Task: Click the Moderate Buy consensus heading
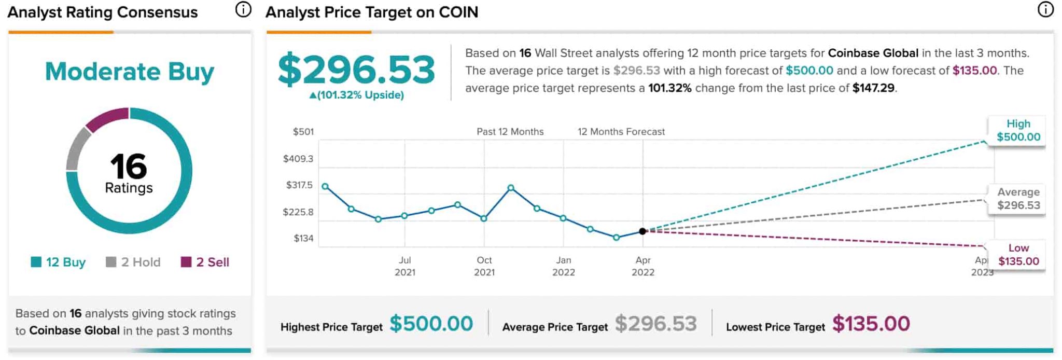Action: click(129, 72)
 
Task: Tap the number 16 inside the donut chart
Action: click(129, 166)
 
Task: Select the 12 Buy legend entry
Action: click(59, 262)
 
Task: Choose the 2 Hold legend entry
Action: click(133, 262)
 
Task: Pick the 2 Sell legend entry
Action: click(205, 262)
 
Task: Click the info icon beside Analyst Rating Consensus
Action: click(243, 9)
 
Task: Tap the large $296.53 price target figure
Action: click(356, 69)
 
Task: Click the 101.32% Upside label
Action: click(356, 95)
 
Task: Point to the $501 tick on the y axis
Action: click(303, 132)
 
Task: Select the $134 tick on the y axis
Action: click(303, 239)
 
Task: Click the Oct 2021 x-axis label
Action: click(484, 266)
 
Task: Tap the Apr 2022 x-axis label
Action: click(643, 266)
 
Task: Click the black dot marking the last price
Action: click(642, 231)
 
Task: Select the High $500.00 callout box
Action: click(1018, 131)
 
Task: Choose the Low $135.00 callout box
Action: click(1018, 255)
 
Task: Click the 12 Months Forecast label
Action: click(621, 132)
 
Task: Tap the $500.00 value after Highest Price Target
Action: click(431, 324)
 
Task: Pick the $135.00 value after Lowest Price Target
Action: click(871, 324)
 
